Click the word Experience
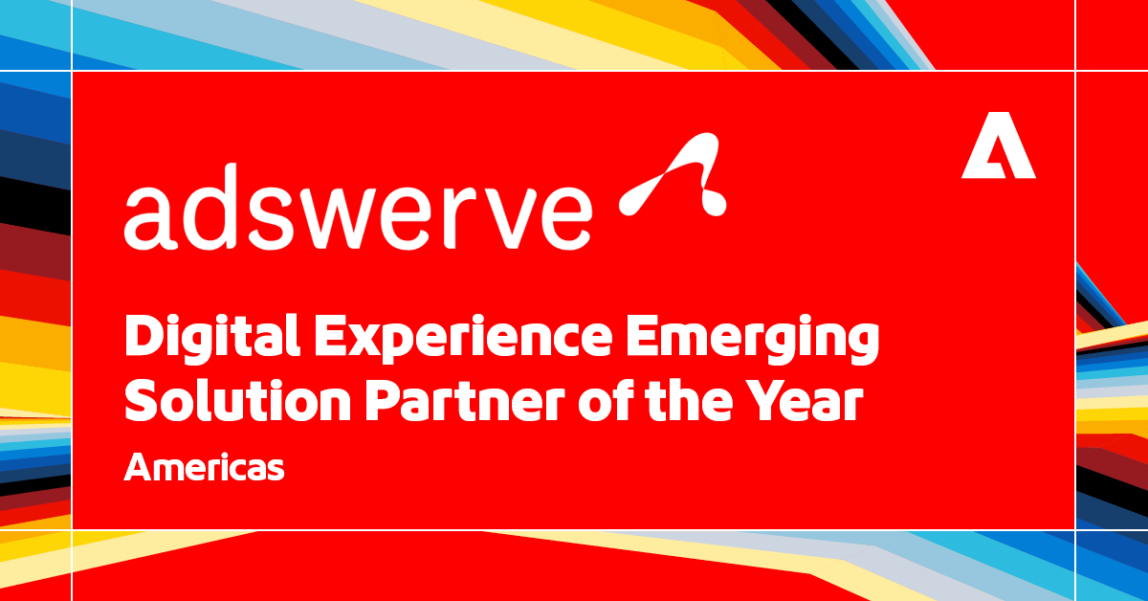point(463,340)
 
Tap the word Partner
point(465,402)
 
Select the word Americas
point(204,467)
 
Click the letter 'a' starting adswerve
point(151,218)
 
